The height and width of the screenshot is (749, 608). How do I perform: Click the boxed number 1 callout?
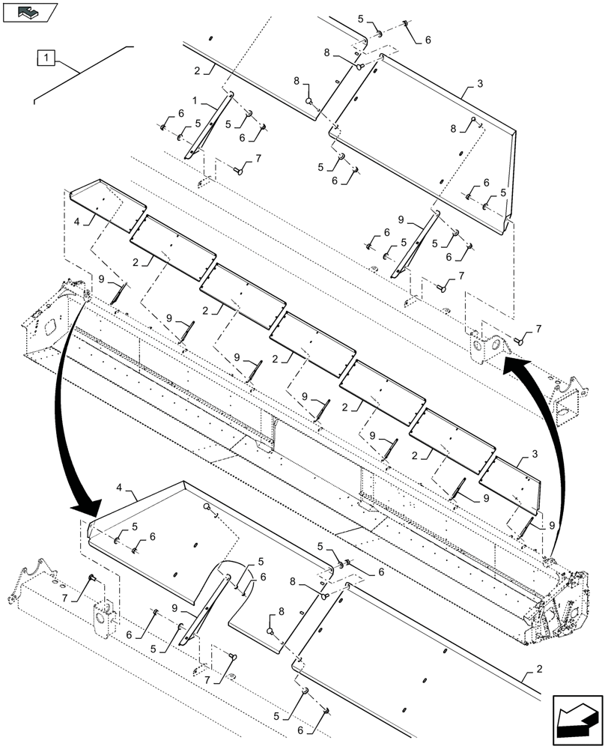46,57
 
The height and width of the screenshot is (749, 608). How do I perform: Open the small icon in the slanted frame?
29,12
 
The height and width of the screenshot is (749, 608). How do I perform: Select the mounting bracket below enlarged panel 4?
103,616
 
